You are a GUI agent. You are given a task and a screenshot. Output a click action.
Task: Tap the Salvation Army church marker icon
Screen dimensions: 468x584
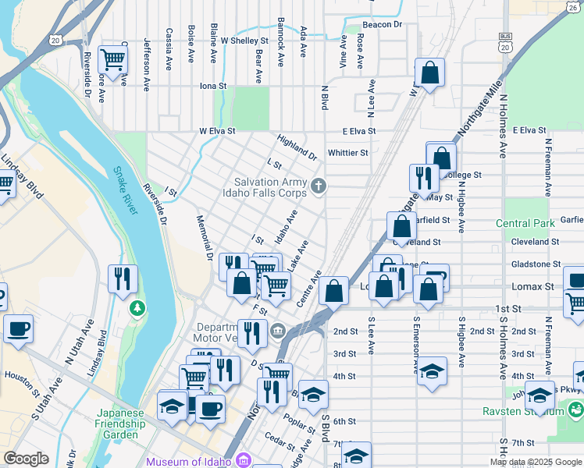click(318, 186)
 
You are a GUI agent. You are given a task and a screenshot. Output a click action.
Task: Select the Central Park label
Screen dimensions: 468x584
click(529, 224)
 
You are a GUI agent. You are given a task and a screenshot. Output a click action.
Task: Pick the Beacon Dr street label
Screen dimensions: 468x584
click(381, 25)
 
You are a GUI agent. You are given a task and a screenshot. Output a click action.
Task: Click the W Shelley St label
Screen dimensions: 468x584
click(244, 41)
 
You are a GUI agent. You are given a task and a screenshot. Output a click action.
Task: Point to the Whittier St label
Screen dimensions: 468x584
click(348, 153)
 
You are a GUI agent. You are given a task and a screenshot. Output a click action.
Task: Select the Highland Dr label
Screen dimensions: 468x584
click(297, 147)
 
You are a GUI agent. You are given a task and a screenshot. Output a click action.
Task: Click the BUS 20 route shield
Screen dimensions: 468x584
click(506, 44)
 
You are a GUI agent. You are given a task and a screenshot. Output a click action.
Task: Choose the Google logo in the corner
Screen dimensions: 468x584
click(26, 459)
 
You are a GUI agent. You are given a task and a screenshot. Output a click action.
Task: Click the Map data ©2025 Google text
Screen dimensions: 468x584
click(535, 462)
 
